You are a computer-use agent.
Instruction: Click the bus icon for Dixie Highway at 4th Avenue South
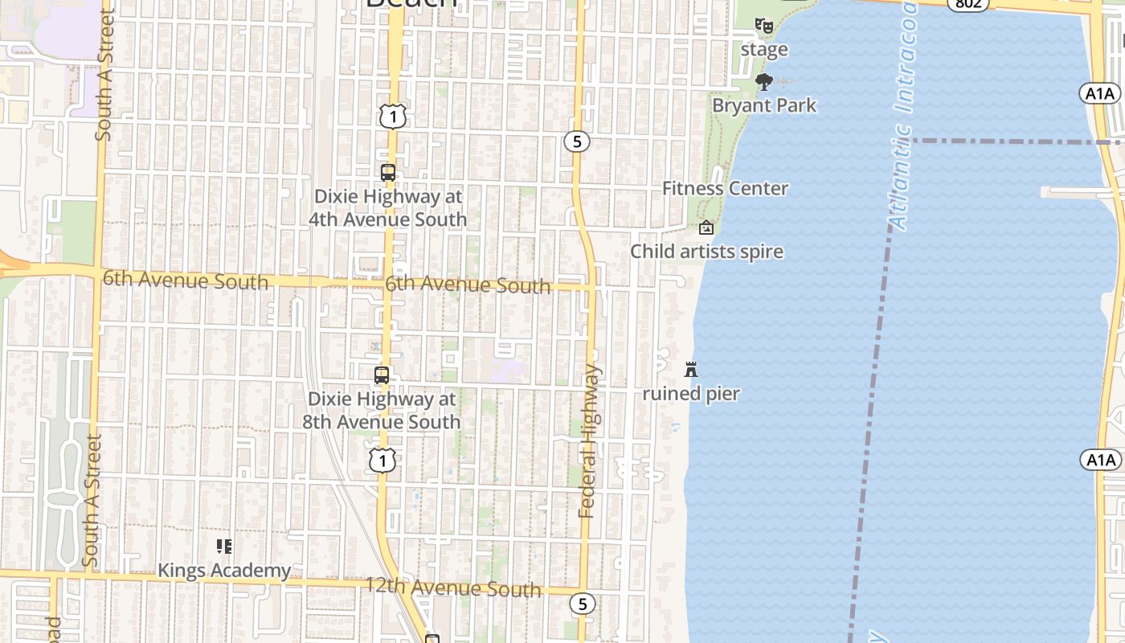pyautogui.click(x=388, y=173)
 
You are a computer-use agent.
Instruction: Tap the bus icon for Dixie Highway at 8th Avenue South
pyautogui.click(x=382, y=375)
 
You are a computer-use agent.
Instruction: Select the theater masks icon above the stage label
pyautogui.click(x=764, y=26)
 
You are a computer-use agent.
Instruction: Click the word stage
pyautogui.click(x=764, y=50)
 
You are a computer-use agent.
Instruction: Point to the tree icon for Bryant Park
pyautogui.click(x=764, y=81)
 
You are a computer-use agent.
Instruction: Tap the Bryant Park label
pyautogui.click(x=764, y=105)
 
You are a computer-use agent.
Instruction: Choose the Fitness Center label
pyautogui.click(x=725, y=189)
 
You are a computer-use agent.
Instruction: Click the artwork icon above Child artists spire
pyautogui.click(x=706, y=228)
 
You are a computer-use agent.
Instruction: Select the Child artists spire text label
pyautogui.click(x=706, y=252)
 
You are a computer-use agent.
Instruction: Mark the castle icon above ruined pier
pyautogui.click(x=691, y=370)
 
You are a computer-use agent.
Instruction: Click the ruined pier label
pyautogui.click(x=691, y=394)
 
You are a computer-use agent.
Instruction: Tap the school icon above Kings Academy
pyautogui.click(x=224, y=547)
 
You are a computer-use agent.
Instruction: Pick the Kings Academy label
pyautogui.click(x=224, y=571)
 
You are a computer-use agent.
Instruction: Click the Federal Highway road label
pyautogui.click(x=589, y=441)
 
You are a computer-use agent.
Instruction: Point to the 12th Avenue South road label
pyautogui.click(x=453, y=588)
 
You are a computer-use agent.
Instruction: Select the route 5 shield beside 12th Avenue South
pyautogui.click(x=583, y=604)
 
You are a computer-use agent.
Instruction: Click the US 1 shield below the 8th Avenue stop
pyautogui.click(x=382, y=461)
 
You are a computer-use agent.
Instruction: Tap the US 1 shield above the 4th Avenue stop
pyautogui.click(x=393, y=117)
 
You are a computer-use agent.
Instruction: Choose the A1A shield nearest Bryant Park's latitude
pyautogui.click(x=1100, y=94)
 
